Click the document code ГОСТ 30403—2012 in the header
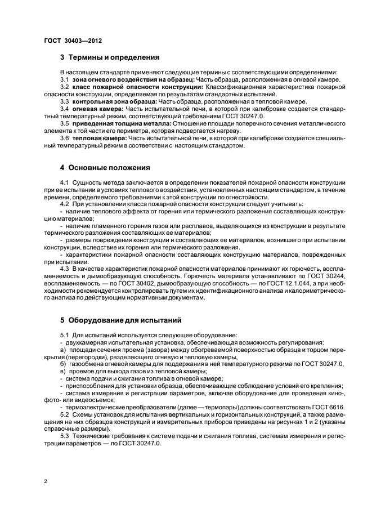(x=73, y=41)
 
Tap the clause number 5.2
(x=64, y=414)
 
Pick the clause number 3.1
(x=64, y=80)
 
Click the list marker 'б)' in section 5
(x=63, y=364)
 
